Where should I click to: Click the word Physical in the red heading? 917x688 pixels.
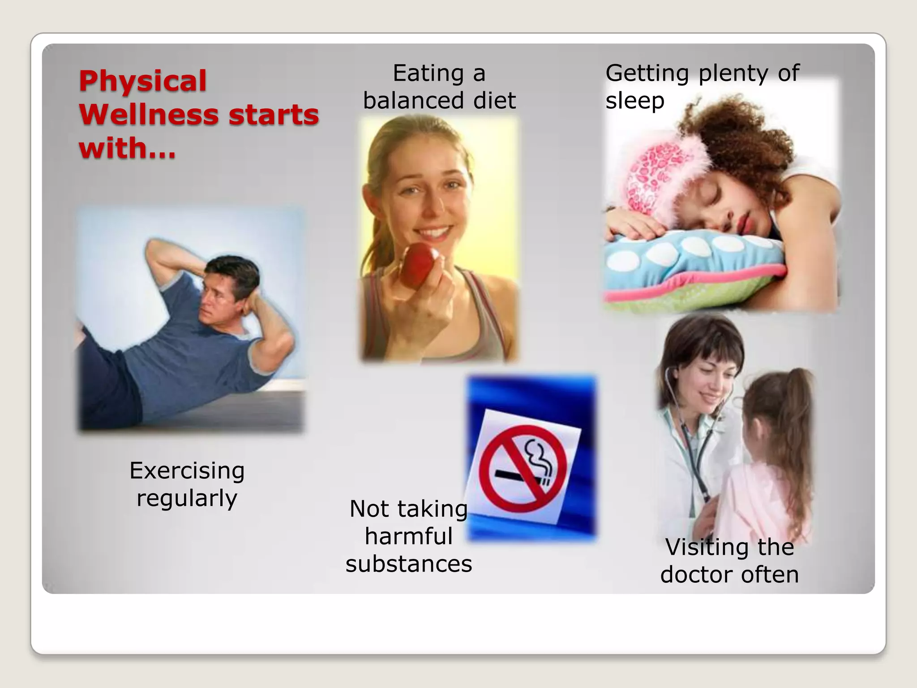click(142, 82)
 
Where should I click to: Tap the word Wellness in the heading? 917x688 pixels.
click(149, 115)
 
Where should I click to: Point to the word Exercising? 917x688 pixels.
click(187, 471)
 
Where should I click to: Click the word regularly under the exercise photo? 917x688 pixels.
click(187, 498)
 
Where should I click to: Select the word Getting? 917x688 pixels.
click(647, 73)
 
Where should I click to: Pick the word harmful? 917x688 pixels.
click(408, 536)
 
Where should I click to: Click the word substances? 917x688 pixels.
click(408, 563)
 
